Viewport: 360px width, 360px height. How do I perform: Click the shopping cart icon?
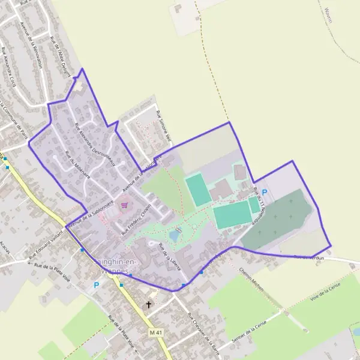124,205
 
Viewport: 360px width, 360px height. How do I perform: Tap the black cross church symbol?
149,305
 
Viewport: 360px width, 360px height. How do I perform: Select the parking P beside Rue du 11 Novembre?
265,192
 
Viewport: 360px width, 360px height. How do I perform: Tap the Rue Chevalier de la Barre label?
203,332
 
